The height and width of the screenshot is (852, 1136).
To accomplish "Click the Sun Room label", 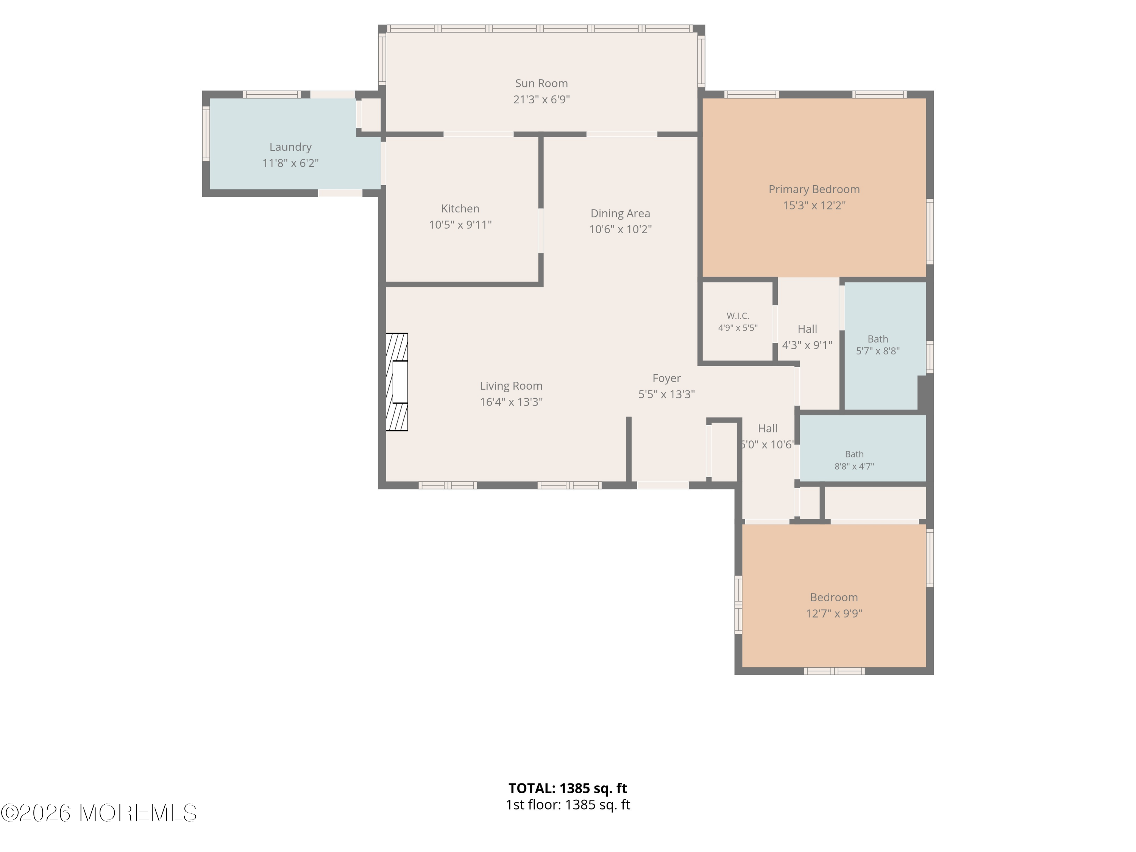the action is pyautogui.click(x=541, y=83).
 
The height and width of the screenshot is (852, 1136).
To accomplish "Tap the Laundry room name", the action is pyautogui.click(x=291, y=147).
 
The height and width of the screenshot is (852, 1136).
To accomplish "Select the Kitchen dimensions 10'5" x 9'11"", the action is pyautogui.click(x=460, y=225).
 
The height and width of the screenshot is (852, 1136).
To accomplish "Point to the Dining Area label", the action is pyautogui.click(x=620, y=213).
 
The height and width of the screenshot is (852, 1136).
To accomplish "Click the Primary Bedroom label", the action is pyautogui.click(x=814, y=189).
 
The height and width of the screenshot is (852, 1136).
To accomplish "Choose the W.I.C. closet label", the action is pyautogui.click(x=738, y=316).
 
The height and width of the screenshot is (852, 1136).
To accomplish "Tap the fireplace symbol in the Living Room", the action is pyautogui.click(x=396, y=382).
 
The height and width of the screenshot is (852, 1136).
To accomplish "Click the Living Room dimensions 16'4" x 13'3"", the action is pyautogui.click(x=511, y=402).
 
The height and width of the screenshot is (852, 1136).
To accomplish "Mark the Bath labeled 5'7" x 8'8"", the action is pyautogui.click(x=878, y=339).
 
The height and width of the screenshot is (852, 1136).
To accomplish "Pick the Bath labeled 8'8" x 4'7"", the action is pyautogui.click(x=854, y=454).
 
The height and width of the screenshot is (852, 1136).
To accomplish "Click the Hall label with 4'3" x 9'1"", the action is pyautogui.click(x=807, y=329).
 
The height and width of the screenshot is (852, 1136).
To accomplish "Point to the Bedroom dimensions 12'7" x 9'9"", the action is pyautogui.click(x=834, y=613).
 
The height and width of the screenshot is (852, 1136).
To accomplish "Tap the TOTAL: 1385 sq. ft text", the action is pyautogui.click(x=568, y=788).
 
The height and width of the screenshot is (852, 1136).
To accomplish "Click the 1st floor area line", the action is pyautogui.click(x=568, y=805).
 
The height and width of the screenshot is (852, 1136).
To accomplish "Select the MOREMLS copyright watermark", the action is pyautogui.click(x=98, y=813).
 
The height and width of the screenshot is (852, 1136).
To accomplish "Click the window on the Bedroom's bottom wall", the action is pyautogui.click(x=834, y=671).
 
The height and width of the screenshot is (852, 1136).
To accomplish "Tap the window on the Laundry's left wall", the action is pyautogui.click(x=206, y=134).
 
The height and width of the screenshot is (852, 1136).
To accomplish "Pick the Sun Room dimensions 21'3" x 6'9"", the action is pyautogui.click(x=541, y=99).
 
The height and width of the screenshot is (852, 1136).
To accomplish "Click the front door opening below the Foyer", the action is pyautogui.click(x=663, y=485).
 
